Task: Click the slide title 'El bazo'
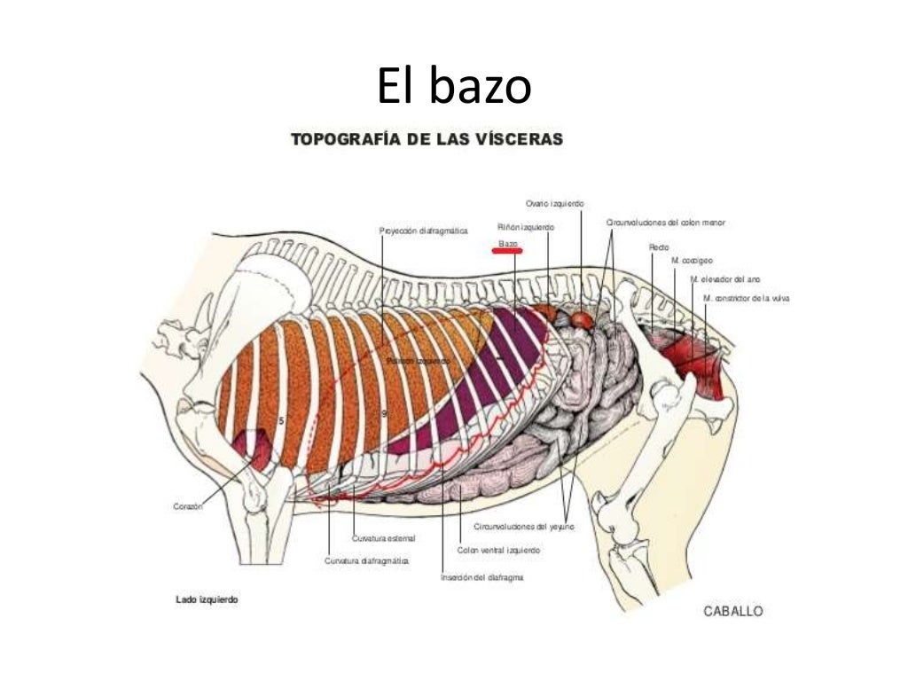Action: click(x=454, y=87)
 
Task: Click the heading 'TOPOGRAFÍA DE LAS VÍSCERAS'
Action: click(x=427, y=139)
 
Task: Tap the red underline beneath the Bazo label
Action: click(x=507, y=251)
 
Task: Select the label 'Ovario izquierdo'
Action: click(x=554, y=204)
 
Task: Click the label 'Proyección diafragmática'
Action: click(x=423, y=231)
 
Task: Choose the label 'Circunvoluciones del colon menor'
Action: click(x=665, y=223)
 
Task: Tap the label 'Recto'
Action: click(x=659, y=247)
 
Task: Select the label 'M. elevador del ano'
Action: click(x=724, y=279)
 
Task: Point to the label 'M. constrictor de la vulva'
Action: click(x=746, y=299)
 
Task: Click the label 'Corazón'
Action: click(x=188, y=506)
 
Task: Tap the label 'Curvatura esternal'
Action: click(x=383, y=538)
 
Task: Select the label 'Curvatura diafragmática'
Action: click(x=366, y=560)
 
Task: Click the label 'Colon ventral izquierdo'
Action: click(x=498, y=550)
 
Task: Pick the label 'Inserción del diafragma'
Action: click(x=481, y=577)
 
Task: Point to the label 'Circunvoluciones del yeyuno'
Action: click(x=523, y=527)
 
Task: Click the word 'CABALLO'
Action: click(x=732, y=611)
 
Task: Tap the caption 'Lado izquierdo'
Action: click(x=207, y=599)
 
